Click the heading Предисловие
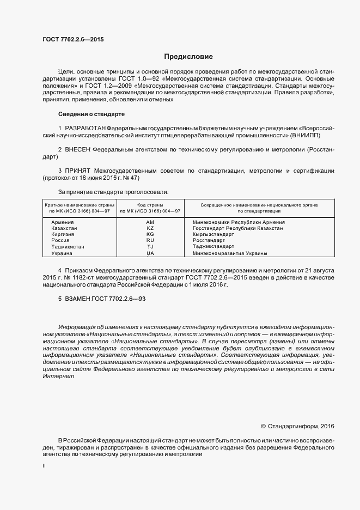coord(189,57)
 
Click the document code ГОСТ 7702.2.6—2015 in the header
coord(73,39)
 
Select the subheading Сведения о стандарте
coord(91,114)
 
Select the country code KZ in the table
coord(150,229)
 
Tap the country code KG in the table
coord(150,234)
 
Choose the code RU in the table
coord(150,240)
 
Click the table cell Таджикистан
coord(68,247)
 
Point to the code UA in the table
coord(150,253)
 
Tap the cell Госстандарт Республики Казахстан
coord(237,229)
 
